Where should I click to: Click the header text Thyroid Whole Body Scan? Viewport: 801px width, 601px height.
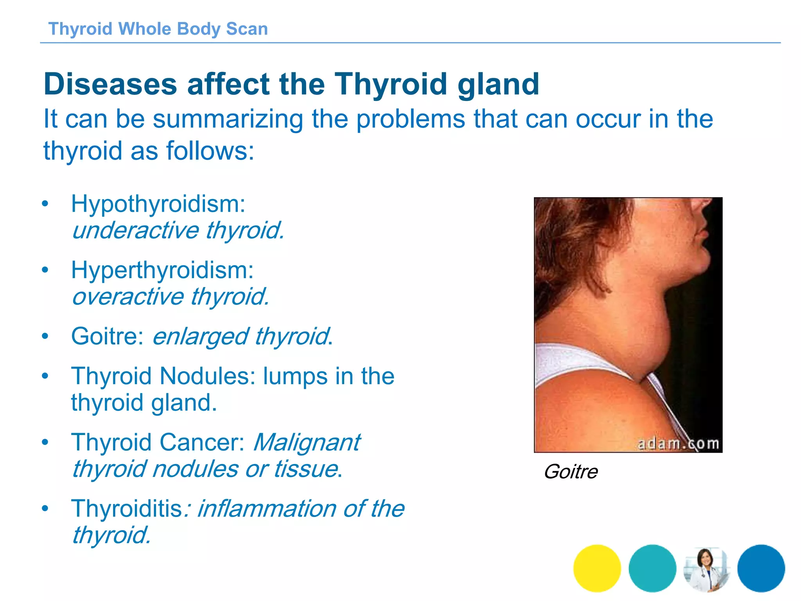(158, 29)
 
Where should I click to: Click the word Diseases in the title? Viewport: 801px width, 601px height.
(110, 84)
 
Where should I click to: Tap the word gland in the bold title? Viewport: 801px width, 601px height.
(498, 84)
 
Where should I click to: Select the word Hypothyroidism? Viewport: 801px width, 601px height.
(158, 204)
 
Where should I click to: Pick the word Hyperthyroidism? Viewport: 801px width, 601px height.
(162, 270)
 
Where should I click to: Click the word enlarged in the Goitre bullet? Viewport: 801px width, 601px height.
(200, 336)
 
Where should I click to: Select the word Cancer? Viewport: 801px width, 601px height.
(202, 442)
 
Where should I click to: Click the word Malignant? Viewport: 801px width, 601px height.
(307, 442)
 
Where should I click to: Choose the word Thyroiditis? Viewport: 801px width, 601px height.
(127, 508)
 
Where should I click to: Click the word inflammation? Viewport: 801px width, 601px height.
(266, 508)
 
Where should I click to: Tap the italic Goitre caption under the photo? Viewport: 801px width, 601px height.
(571, 471)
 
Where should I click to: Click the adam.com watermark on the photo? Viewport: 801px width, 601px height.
(678, 444)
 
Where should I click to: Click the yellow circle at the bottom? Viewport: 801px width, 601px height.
(597, 568)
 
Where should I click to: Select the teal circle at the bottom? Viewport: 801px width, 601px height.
(652, 568)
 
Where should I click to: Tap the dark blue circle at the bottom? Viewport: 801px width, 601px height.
(761, 568)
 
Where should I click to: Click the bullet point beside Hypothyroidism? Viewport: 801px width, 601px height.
(45, 204)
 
